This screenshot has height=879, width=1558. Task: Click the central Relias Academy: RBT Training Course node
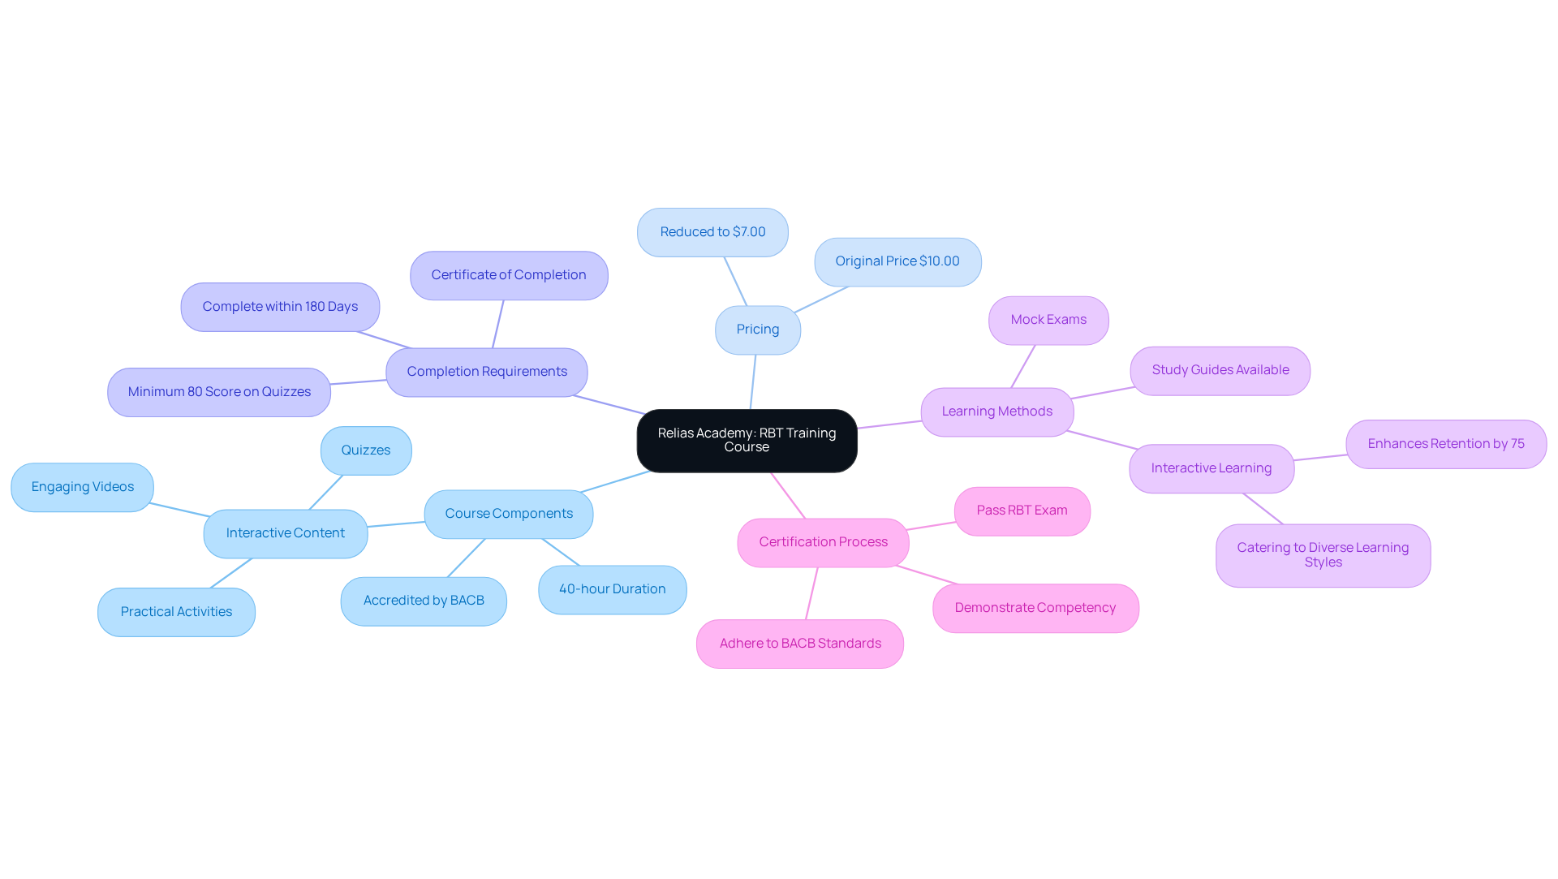coord(747,440)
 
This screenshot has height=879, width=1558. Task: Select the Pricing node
coord(757,330)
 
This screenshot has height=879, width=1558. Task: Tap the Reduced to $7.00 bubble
coord(712,232)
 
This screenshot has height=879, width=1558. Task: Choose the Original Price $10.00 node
coord(897,261)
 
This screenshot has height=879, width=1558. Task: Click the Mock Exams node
coord(1048,320)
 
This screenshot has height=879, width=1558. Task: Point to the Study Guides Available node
coord(1220,370)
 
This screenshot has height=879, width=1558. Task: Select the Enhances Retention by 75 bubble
coord(1445,444)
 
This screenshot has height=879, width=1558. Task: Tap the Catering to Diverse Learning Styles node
coord(1322,555)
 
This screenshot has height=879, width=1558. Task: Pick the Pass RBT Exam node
coord(1022,511)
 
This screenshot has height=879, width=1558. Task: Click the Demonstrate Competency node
coord(1035,608)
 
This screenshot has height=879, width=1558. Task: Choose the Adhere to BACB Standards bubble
coord(799,644)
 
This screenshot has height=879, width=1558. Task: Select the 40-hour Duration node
coord(612,589)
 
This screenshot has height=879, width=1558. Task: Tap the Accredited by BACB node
coord(423,601)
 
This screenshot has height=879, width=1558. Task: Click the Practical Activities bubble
coord(176,612)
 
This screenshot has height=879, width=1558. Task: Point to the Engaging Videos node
coord(82,487)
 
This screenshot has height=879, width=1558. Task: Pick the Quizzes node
coord(365,450)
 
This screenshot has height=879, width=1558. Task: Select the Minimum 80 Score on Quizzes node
coord(218,392)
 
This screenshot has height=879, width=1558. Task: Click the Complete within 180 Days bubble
coord(280,307)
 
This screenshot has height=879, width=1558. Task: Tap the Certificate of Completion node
coord(508,275)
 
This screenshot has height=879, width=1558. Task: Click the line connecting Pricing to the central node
coord(753,381)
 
